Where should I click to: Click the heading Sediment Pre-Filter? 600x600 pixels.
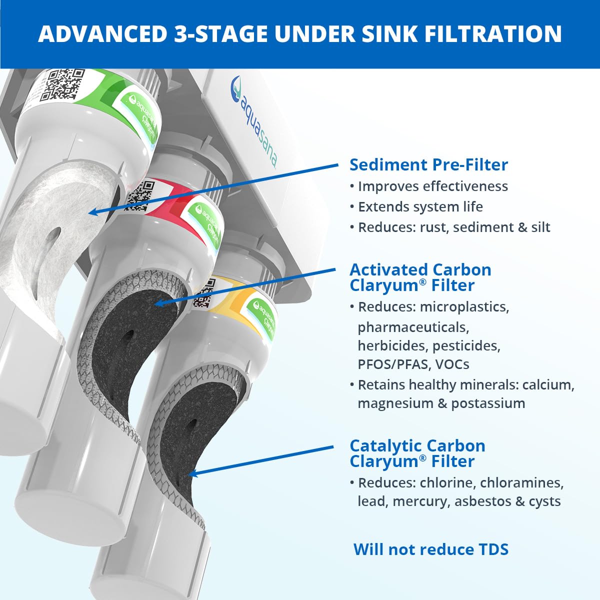pos(428,164)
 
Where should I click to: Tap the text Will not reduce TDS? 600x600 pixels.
pos(430,549)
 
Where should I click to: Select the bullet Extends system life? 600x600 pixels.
pos(420,206)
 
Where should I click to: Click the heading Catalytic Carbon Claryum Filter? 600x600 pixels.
pos(417,453)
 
